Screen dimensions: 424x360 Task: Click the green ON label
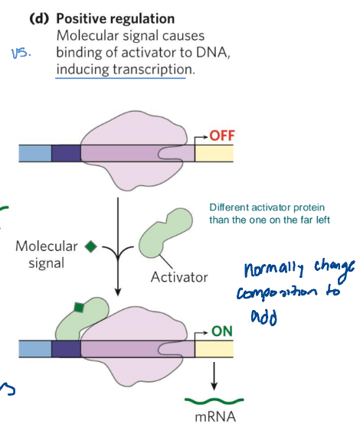222,332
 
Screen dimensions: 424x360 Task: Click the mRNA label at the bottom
214,417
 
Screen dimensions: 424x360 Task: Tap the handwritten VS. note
21,54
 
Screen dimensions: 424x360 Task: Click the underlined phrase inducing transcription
120,70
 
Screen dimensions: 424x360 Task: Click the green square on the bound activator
77,308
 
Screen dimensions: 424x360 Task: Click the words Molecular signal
47,254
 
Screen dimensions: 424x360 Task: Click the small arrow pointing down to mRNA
214,375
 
